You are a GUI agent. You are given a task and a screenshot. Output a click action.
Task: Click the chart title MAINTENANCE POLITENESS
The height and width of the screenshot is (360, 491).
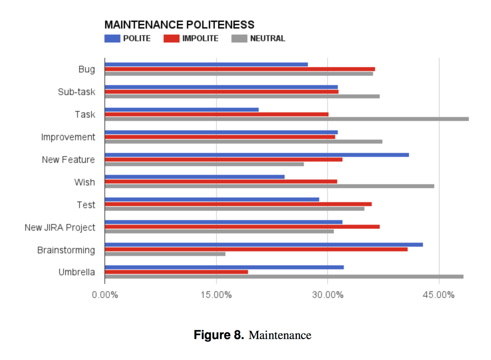179,25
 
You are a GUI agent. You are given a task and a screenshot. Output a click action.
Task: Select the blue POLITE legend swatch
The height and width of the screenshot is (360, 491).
112,39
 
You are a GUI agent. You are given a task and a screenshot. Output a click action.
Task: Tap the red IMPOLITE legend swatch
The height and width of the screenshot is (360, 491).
171,39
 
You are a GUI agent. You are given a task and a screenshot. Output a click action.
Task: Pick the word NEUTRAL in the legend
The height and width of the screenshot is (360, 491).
267,39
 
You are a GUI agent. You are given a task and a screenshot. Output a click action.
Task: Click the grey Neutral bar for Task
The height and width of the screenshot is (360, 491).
286,119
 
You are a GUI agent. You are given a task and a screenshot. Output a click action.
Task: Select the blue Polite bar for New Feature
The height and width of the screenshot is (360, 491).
257,155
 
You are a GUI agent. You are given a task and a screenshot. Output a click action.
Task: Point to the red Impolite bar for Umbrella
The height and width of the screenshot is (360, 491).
176,272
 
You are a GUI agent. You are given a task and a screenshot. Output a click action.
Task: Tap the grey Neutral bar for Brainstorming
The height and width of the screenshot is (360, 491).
165,254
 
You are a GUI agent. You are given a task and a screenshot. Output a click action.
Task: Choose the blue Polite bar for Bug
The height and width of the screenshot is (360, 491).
206,65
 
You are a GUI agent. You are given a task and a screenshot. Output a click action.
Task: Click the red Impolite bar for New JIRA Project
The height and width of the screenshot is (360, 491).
242,227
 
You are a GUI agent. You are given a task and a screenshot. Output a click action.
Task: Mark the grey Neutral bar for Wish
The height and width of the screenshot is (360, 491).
269,186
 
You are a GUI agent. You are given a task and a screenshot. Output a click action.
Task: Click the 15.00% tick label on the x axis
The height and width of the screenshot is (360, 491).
216,295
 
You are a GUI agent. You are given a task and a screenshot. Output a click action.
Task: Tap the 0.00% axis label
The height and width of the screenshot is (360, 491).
105,295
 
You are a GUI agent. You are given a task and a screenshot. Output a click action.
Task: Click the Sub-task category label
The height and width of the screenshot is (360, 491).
76,92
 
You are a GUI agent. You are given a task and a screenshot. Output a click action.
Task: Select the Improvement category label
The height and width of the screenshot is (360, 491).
68,137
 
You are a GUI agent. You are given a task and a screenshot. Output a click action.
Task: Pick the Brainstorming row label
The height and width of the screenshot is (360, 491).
66,250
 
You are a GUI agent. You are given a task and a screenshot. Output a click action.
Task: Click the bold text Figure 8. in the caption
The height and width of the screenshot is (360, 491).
219,335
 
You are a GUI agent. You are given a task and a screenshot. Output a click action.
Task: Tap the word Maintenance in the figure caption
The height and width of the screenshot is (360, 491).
280,335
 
